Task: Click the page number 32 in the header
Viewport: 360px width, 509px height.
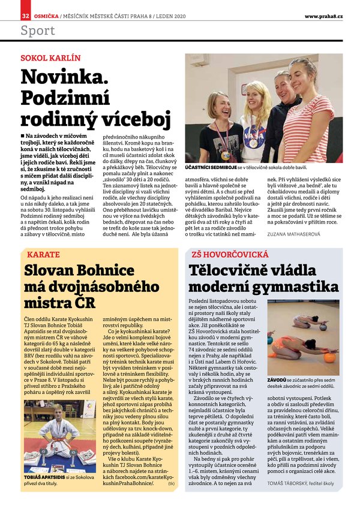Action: pos(25,16)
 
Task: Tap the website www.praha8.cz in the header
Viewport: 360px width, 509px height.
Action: pos(323,16)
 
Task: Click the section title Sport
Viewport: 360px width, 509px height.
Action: pos(38,30)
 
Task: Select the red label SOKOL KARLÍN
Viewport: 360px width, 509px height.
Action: pos(50,59)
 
